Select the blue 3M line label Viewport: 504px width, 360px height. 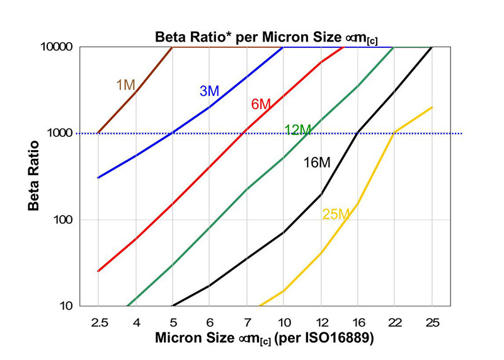[x=209, y=91]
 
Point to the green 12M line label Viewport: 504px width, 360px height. [x=298, y=131]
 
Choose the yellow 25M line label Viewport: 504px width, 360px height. [x=335, y=214]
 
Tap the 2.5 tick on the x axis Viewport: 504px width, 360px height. [x=99, y=322]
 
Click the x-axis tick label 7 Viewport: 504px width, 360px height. [x=247, y=322]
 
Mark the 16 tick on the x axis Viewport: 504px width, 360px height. [x=358, y=322]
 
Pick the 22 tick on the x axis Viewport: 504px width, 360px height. [x=394, y=322]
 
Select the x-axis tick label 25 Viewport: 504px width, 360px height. [x=432, y=322]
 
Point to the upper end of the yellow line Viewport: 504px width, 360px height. [x=432, y=107]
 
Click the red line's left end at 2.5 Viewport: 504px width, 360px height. [x=99, y=271]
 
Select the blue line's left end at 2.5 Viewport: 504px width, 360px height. [x=99, y=178]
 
